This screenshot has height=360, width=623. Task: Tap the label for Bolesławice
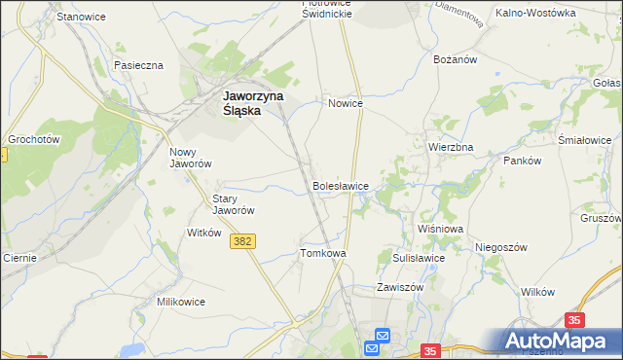340,185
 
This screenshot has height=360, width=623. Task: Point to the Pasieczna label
138,65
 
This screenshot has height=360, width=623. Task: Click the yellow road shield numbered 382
244,241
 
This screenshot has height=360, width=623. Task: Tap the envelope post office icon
379,337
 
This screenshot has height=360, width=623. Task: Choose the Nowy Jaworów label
191,158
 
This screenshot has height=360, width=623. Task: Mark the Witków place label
204,234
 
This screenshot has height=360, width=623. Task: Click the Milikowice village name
181,302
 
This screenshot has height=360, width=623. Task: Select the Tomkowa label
323,253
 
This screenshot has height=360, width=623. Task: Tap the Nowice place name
346,102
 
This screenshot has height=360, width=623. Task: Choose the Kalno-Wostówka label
535,14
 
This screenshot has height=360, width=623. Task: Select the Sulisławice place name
419,258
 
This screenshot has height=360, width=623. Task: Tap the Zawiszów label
400,288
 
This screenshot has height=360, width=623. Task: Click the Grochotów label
34,140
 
